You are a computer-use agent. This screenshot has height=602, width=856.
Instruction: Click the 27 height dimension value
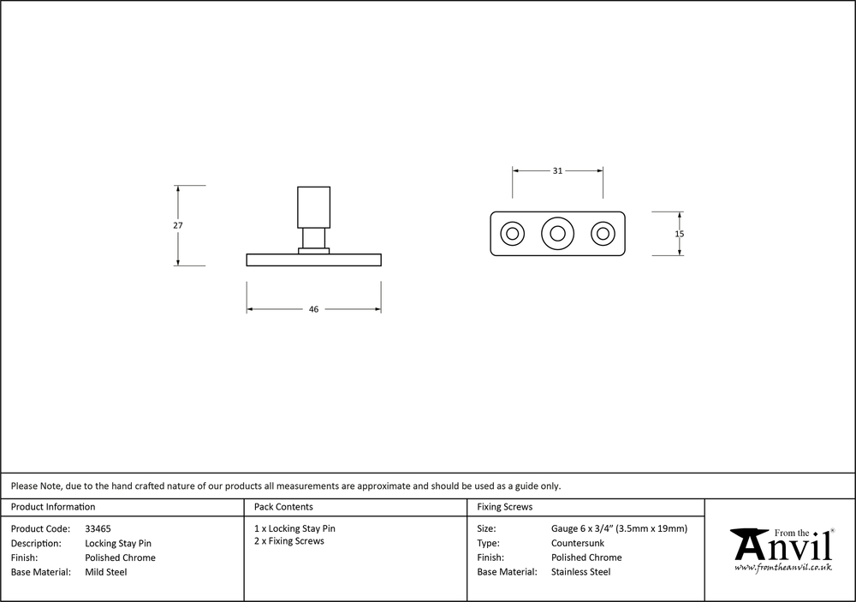pos(178,225)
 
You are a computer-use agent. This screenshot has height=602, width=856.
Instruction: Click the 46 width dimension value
pos(313,309)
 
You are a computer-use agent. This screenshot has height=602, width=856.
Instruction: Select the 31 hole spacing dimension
pos(557,171)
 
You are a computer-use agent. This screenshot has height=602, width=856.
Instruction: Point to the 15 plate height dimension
pos(679,234)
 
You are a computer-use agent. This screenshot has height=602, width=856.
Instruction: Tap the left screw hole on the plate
pos(512,223)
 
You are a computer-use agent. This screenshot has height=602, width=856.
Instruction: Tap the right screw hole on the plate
pos(603,223)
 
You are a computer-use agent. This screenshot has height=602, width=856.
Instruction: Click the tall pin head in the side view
pos(314,207)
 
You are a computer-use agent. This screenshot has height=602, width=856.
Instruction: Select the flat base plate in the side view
pos(314,260)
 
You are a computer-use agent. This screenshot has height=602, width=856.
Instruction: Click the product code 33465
pos(98,529)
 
